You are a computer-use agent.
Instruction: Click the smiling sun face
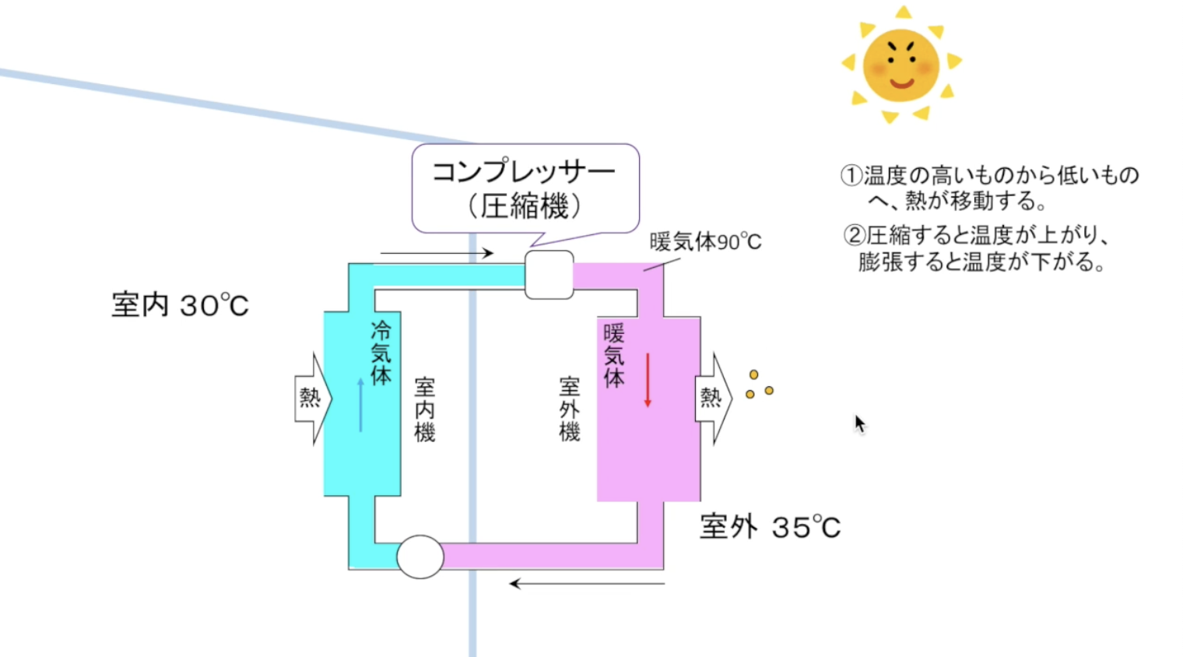[x=900, y=65]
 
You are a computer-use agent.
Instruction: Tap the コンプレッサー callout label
[x=525, y=188]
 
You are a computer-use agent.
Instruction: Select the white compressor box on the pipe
[x=549, y=275]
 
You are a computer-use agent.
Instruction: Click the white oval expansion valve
[x=420, y=557]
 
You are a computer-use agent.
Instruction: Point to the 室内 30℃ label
[x=180, y=305]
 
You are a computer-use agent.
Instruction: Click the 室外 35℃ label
[x=770, y=527]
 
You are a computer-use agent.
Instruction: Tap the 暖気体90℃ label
[x=705, y=242]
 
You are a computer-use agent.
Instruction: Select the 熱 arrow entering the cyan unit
[x=312, y=398]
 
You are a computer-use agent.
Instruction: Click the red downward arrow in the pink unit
[x=647, y=381]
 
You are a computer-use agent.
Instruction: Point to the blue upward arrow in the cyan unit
[x=360, y=405]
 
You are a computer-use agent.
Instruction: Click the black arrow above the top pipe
[x=437, y=253]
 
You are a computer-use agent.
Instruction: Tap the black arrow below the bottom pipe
[x=587, y=583]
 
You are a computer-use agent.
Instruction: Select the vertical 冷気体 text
[x=381, y=353]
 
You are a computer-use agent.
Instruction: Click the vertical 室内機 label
[x=424, y=409]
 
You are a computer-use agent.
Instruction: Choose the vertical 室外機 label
[x=570, y=409]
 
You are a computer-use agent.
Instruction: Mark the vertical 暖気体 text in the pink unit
[x=614, y=356]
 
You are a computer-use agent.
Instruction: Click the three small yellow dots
[x=758, y=385]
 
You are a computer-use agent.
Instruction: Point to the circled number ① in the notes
[x=851, y=175]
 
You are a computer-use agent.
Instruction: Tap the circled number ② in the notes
[x=854, y=234]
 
